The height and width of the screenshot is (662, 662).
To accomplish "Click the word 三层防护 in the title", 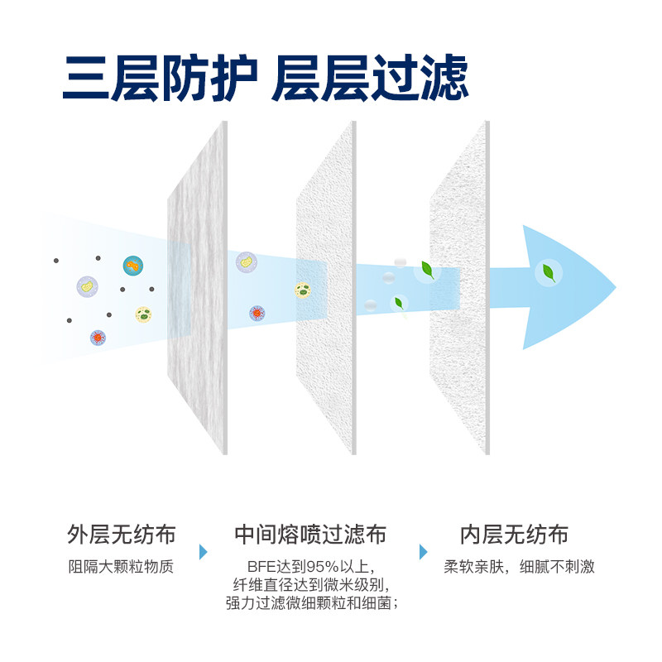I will pyautogui.click(x=157, y=78).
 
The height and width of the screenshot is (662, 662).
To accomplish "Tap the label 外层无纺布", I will pyautogui.click(x=122, y=534).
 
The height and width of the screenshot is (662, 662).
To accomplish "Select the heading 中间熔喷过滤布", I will pyautogui.click(x=310, y=534).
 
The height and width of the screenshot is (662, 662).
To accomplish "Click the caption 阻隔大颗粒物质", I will pyautogui.click(x=122, y=568).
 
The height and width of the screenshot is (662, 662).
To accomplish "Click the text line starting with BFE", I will pyautogui.click(x=310, y=568).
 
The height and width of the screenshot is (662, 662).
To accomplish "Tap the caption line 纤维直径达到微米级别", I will pyautogui.click(x=310, y=585).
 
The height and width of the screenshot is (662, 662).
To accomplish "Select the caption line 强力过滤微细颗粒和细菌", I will pyautogui.click(x=310, y=603).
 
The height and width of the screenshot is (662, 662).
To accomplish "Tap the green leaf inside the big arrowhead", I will pyautogui.click(x=547, y=271).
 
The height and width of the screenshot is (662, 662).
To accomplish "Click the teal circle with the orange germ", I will pyautogui.click(x=133, y=266).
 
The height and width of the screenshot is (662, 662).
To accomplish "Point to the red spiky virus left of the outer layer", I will pyautogui.click(x=98, y=338).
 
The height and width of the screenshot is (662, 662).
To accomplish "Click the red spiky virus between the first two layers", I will pyautogui.click(x=257, y=314).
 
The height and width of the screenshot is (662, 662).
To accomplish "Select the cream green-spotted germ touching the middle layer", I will pyautogui.click(x=303, y=290).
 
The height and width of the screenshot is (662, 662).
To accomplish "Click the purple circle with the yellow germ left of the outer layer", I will pyautogui.click(x=87, y=286).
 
